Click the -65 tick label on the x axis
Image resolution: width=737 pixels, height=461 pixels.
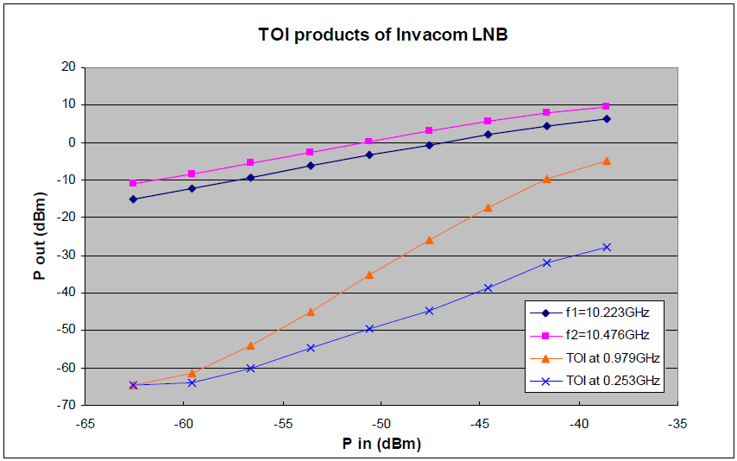pyautogui.click(x=85, y=424)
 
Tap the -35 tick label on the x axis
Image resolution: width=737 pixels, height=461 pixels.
pyautogui.click(x=678, y=424)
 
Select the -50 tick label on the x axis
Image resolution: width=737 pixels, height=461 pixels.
pyautogui.click(x=381, y=424)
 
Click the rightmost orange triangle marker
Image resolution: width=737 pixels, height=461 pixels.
pyautogui.click(x=607, y=161)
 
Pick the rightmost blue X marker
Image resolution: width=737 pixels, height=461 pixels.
pyautogui.click(x=607, y=247)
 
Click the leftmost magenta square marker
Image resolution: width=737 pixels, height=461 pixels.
pyautogui.click(x=133, y=183)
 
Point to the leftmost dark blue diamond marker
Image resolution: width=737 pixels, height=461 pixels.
pyautogui.click(x=133, y=199)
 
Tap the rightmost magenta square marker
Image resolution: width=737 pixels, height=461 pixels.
pyautogui.click(x=607, y=107)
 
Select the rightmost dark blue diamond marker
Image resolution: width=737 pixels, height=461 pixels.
pyautogui.click(x=607, y=119)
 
